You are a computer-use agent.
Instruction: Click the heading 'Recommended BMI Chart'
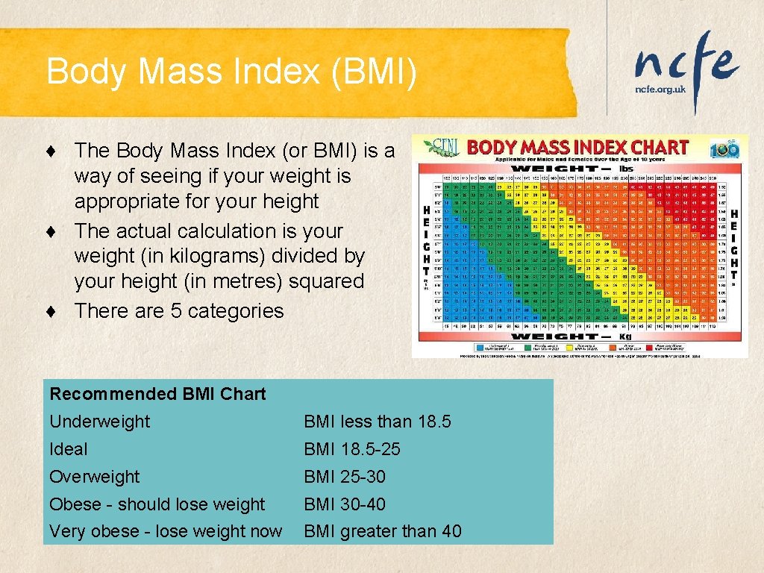[157, 394]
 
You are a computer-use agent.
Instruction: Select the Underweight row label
[99, 422]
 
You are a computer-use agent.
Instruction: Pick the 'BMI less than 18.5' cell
[377, 422]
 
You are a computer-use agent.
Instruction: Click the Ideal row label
[68, 449]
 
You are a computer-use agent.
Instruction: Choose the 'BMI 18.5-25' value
[351, 449]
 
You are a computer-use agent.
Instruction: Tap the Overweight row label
[94, 477]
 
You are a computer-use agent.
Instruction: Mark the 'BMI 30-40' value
[344, 504]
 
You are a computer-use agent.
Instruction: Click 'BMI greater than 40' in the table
[382, 532]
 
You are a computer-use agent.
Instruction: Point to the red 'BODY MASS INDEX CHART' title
[577, 147]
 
